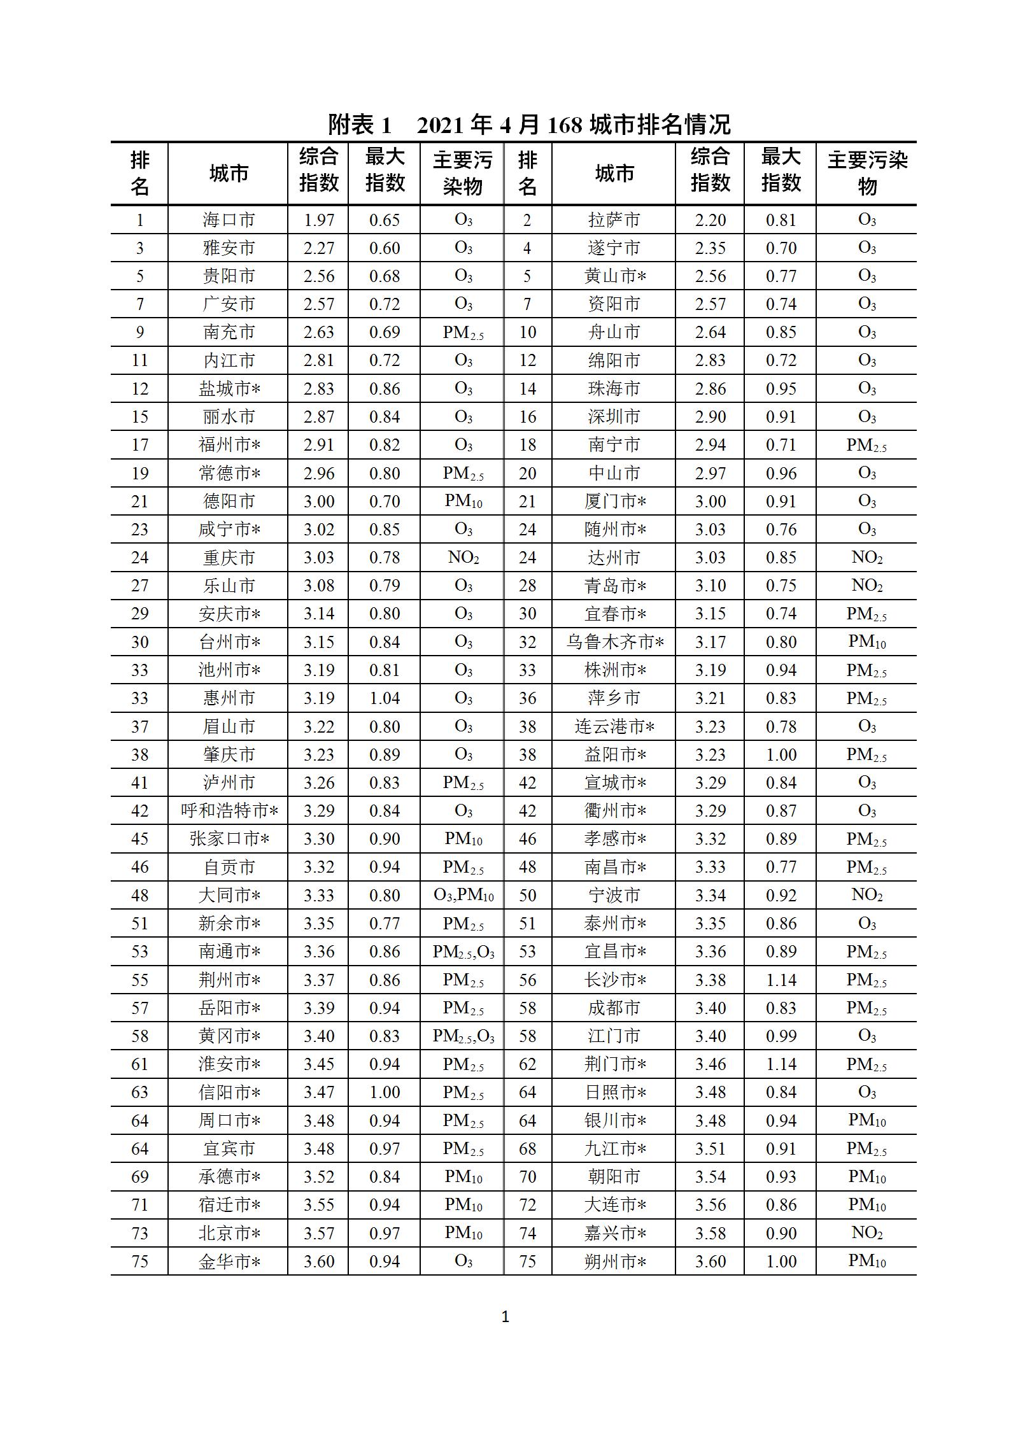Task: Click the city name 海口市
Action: point(229,220)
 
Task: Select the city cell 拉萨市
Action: point(614,220)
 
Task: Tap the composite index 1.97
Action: point(318,220)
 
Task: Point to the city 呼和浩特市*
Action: point(229,811)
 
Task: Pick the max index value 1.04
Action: point(385,698)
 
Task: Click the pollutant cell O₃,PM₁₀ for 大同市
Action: point(463,895)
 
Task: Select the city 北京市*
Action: point(229,1233)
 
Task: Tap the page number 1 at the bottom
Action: point(505,1318)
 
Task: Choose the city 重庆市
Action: point(229,558)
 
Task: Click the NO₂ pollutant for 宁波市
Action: point(866,895)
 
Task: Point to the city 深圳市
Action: point(614,417)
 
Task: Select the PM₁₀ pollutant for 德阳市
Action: point(463,502)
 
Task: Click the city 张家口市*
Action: point(229,839)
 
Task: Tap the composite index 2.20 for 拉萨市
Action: point(710,220)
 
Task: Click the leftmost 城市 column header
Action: point(229,173)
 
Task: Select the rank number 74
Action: point(527,1233)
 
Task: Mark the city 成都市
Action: point(614,1008)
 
